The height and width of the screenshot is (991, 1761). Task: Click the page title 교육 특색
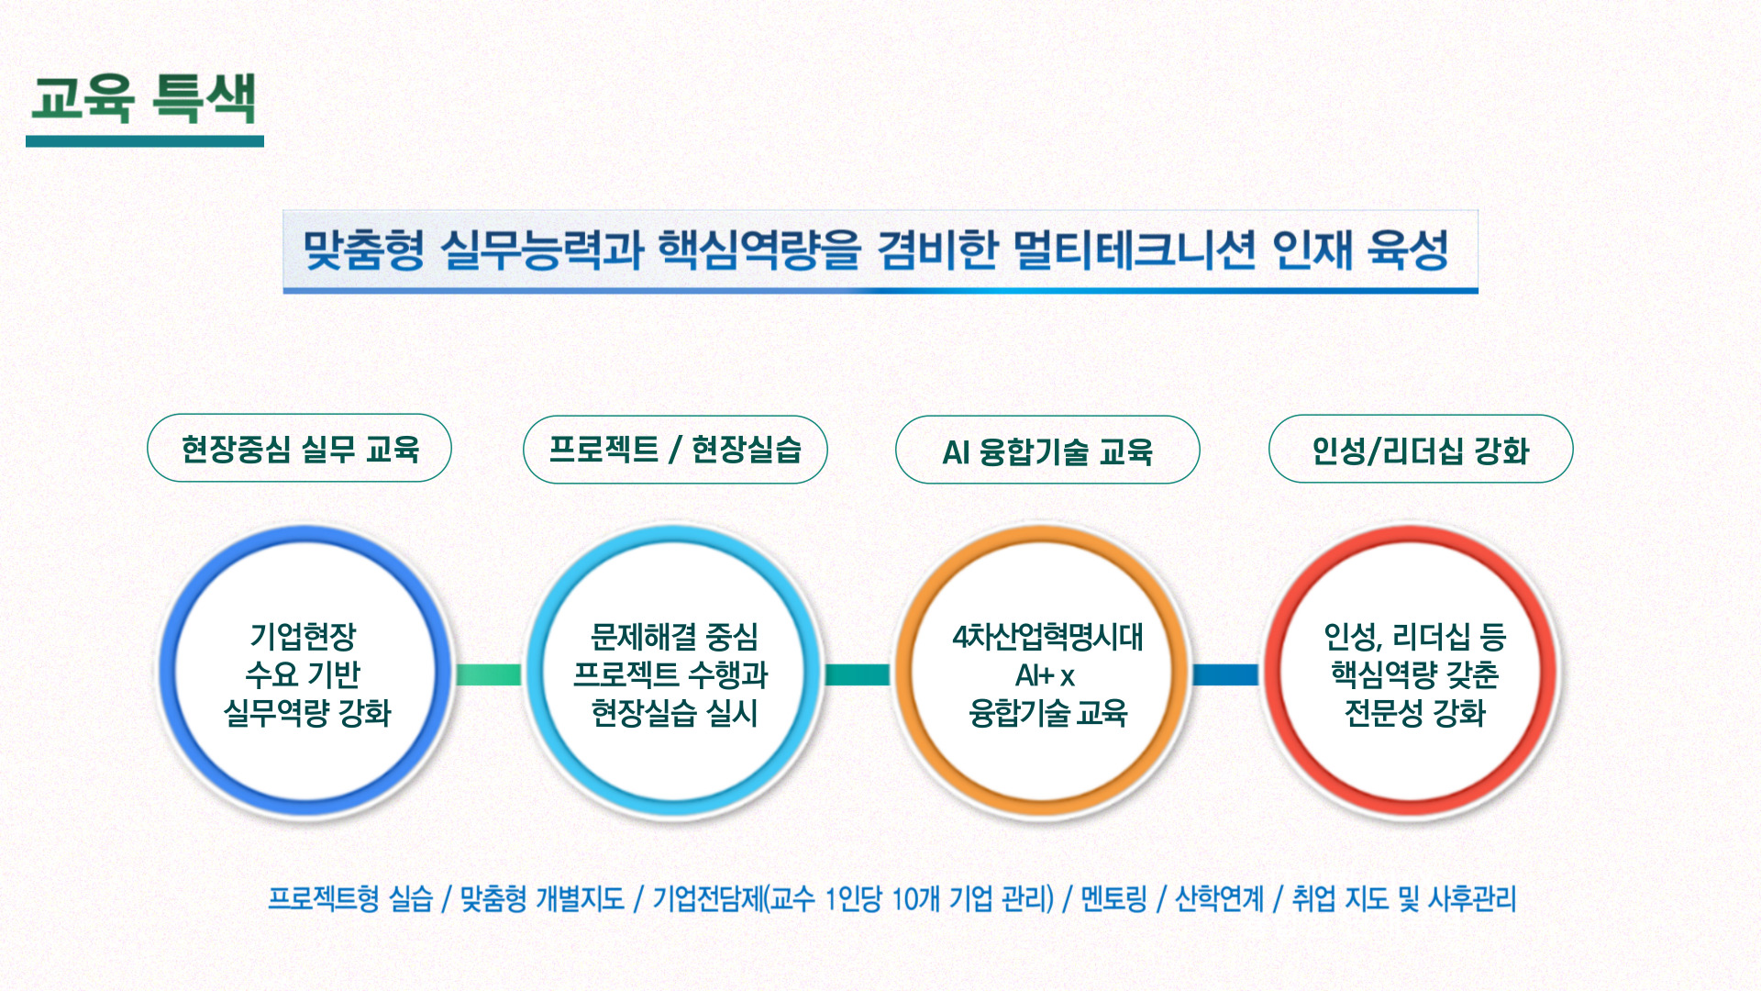click(x=144, y=97)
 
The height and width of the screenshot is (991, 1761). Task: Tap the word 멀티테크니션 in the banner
click(x=1134, y=250)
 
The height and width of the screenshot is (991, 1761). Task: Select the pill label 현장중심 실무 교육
click(x=300, y=449)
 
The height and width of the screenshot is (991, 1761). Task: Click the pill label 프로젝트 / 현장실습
click(x=675, y=450)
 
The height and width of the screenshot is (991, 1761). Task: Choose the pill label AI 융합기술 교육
click(x=1047, y=451)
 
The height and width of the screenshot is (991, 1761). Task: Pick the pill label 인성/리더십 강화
click(x=1421, y=450)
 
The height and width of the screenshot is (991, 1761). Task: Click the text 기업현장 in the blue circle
click(x=303, y=636)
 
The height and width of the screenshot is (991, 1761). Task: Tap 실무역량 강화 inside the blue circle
click(x=307, y=712)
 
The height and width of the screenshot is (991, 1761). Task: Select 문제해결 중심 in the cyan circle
click(x=674, y=636)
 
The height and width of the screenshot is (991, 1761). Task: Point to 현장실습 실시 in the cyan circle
click(x=674, y=712)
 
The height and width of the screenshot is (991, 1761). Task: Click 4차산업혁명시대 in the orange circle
click(x=1047, y=636)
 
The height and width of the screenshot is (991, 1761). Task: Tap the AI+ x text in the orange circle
click(x=1045, y=675)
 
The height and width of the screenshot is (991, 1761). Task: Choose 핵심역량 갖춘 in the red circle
click(x=1415, y=674)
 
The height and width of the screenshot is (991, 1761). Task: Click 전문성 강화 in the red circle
click(x=1415, y=712)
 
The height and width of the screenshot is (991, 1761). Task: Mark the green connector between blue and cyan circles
click(x=489, y=674)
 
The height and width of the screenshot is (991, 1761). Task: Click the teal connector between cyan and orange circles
click(x=858, y=674)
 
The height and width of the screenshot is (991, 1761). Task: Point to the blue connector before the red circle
click(x=1226, y=674)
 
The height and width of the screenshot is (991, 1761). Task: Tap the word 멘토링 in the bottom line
click(x=1113, y=898)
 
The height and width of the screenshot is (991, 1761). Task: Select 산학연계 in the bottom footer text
click(x=1219, y=898)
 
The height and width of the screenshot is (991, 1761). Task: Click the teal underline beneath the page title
click(x=145, y=141)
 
